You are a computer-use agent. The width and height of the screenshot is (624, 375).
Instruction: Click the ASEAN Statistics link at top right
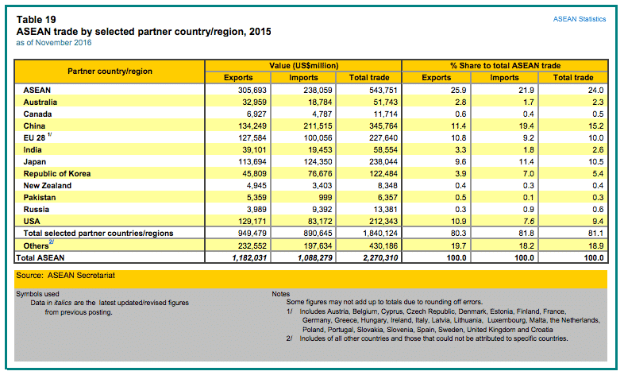(x=579, y=19)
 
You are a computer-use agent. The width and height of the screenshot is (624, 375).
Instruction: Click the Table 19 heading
(x=37, y=20)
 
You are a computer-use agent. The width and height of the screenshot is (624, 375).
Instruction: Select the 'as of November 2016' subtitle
(x=54, y=43)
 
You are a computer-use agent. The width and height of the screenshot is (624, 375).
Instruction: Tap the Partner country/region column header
(x=110, y=72)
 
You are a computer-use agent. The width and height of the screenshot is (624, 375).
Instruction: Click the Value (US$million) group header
(x=303, y=66)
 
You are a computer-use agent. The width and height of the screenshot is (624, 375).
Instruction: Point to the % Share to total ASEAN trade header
(x=506, y=66)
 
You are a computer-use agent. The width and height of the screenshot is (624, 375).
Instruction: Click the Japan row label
(x=35, y=162)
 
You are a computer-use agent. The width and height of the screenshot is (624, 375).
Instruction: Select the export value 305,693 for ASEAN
(x=252, y=91)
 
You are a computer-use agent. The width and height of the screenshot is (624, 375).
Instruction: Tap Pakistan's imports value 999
(x=325, y=198)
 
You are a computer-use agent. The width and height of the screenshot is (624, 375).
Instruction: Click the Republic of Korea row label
(x=57, y=174)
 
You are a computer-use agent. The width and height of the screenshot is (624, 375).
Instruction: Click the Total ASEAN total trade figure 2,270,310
(x=380, y=258)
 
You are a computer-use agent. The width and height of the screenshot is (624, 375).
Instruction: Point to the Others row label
(x=36, y=246)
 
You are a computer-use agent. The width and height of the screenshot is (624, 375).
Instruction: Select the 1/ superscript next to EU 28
(x=50, y=135)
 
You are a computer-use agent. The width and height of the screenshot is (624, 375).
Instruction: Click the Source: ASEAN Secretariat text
(x=66, y=276)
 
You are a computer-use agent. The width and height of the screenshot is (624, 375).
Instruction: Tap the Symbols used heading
(x=37, y=294)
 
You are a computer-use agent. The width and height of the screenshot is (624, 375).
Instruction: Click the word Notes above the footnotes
(x=281, y=294)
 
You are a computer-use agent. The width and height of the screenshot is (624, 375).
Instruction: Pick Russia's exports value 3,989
(x=256, y=210)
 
